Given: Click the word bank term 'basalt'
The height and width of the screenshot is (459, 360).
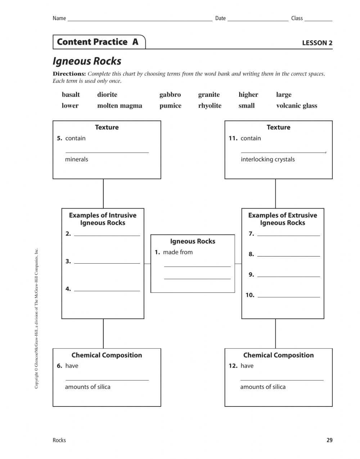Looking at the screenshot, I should click(x=71, y=95).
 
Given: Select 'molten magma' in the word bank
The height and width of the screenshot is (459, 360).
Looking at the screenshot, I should click(x=120, y=106).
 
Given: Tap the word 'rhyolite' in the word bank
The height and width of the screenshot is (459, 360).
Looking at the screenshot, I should click(x=210, y=106).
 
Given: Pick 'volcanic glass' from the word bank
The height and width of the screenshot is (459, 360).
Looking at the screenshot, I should click(x=297, y=106).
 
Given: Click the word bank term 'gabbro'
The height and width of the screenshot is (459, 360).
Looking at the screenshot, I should click(x=170, y=95).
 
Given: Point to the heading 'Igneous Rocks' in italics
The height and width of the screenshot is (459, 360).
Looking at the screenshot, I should click(x=87, y=61).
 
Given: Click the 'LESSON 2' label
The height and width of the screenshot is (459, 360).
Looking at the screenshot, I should click(x=317, y=43).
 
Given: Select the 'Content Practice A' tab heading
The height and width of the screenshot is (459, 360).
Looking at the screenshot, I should click(x=98, y=42).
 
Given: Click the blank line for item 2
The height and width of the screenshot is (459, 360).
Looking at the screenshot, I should click(x=107, y=235).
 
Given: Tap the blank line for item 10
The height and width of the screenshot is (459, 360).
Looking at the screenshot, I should click(x=289, y=296).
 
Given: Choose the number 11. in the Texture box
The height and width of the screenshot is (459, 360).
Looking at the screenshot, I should click(x=233, y=138).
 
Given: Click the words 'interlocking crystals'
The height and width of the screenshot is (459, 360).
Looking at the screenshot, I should click(x=267, y=159).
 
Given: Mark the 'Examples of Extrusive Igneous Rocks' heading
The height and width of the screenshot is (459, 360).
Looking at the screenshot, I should click(x=283, y=219).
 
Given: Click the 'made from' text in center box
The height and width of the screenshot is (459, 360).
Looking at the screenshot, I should click(x=177, y=252).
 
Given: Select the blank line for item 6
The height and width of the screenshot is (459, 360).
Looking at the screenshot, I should click(x=107, y=379).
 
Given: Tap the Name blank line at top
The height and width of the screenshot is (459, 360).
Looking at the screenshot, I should click(x=140, y=20).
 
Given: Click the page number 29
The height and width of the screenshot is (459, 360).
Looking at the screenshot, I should click(x=329, y=440).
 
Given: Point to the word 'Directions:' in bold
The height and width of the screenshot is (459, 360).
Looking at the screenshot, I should click(x=69, y=74).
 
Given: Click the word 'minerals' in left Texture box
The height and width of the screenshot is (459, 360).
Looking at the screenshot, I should click(x=76, y=159).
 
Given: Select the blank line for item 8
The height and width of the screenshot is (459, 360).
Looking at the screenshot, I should click(x=289, y=255).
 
